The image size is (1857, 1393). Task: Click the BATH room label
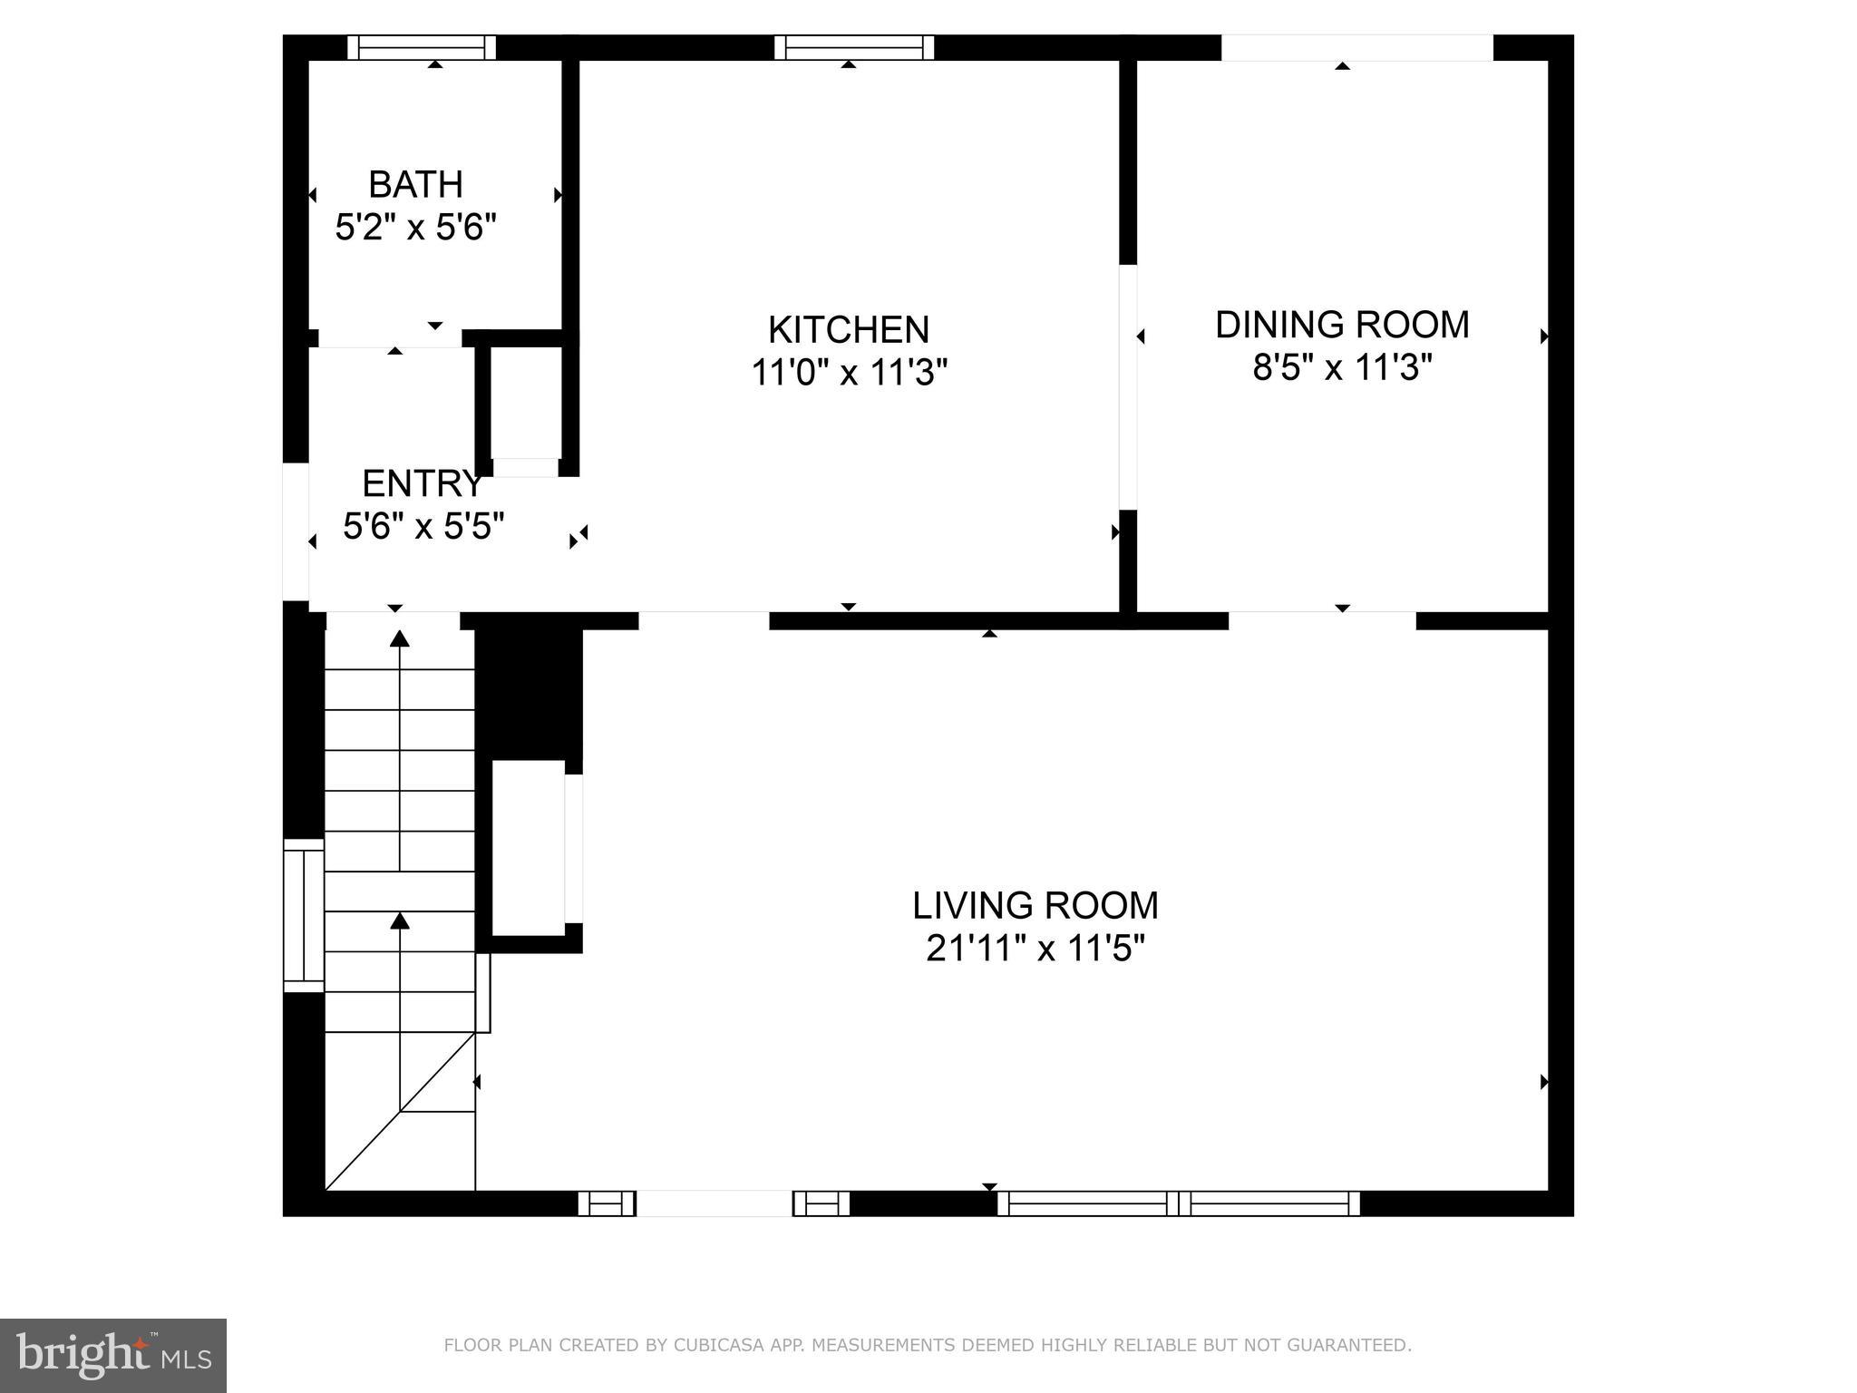click(415, 185)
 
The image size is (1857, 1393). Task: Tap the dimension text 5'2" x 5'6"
click(416, 228)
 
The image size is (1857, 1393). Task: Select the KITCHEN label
click(849, 330)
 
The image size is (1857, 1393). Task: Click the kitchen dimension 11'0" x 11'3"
click(849, 373)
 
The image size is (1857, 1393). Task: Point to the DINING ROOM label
click(1342, 325)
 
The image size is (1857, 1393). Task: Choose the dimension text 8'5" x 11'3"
click(1342, 368)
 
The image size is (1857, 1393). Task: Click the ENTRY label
click(422, 484)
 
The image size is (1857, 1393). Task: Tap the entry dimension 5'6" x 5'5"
click(423, 526)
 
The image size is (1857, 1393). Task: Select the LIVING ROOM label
click(1035, 906)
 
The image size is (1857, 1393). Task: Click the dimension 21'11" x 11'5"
click(1035, 950)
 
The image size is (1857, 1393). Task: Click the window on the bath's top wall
click(422, 47)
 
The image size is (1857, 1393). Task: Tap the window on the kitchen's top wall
click(854, 47)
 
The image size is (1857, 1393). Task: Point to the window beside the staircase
click(304, 915)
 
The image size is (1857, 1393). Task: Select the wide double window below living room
click(1179, 1203)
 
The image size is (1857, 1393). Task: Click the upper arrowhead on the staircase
click(400, 638)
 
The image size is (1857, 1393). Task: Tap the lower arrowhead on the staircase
click(400, 921)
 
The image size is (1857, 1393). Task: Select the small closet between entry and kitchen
click(525, 404)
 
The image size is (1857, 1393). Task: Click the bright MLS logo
click(113, 1355)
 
